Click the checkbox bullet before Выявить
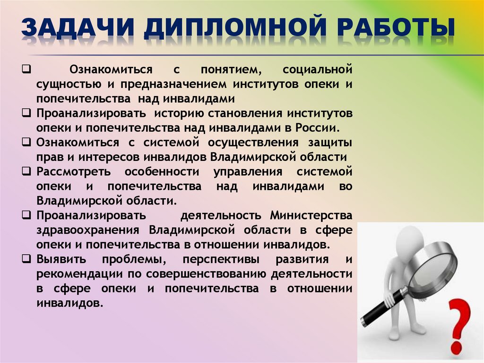tap(27, 259)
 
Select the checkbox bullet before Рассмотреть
tap(27, 171)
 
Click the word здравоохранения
tap(87, 230)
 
